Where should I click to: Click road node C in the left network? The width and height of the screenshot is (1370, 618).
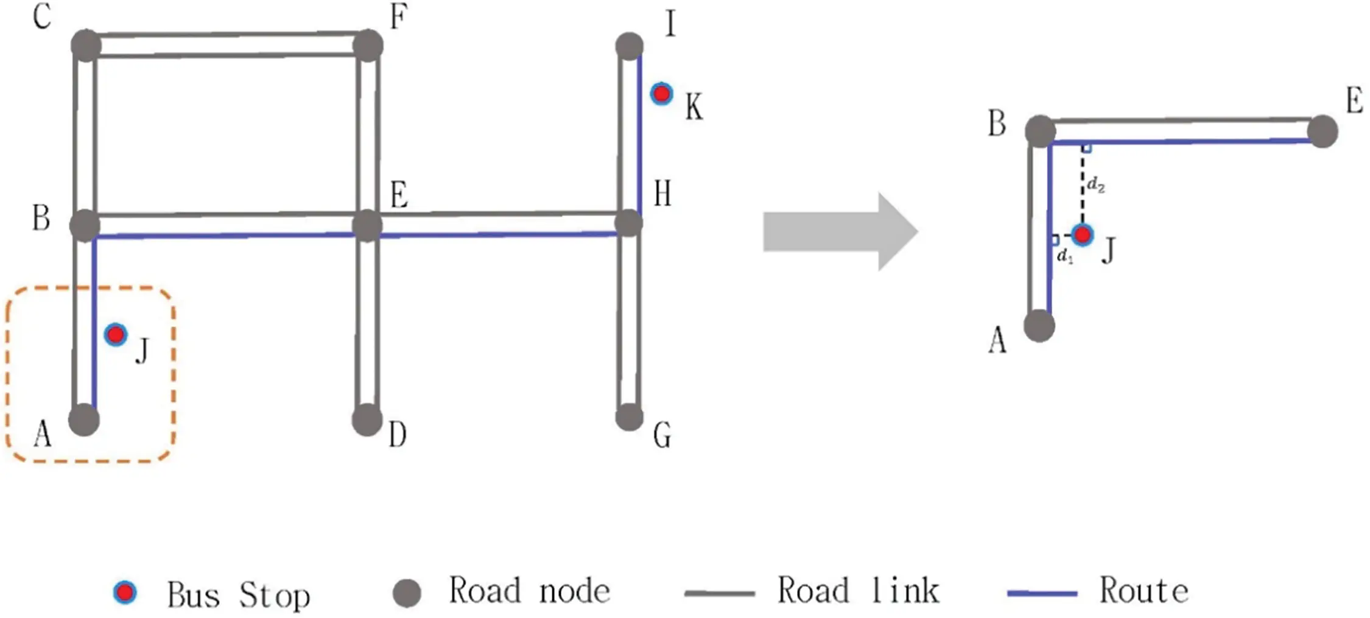click(86, 45)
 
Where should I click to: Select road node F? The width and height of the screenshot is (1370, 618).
click(368, 46)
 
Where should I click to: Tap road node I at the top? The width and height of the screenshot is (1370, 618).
click(629, 46)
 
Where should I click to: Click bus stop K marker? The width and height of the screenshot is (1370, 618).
click(661, 94)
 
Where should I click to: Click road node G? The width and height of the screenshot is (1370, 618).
click(629, 417)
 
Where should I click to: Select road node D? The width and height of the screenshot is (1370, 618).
click(367, 420)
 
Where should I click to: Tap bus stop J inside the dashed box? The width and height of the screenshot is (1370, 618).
click(115, 334)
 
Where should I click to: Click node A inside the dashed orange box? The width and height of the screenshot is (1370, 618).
click(84, 420)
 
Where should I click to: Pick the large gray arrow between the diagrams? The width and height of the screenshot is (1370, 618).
click(840, 231)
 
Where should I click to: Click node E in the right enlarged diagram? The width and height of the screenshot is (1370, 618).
click(1322, 132)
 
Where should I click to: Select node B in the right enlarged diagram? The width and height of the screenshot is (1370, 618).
click(1040, 131)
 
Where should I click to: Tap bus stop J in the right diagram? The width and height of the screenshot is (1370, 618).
click(1082, 234)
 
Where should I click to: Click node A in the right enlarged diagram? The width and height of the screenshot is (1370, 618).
click(1039, 326)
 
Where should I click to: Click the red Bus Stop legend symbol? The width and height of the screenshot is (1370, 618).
click(125, 592)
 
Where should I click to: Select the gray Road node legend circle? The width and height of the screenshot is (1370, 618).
click(407, 592)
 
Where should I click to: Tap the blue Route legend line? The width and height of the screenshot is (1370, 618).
click(1042, 592)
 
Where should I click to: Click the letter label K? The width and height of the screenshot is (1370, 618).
click(694, 107)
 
